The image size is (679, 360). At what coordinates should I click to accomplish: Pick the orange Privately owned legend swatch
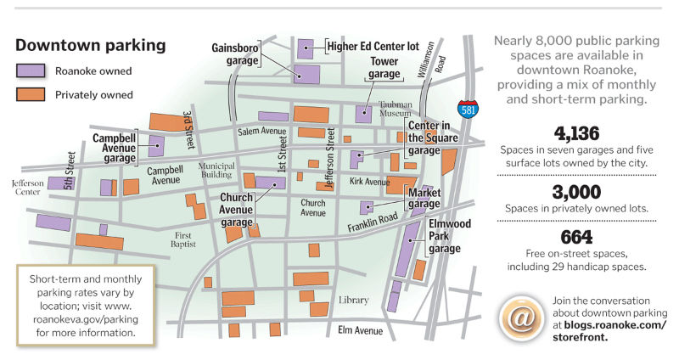pos(31,94)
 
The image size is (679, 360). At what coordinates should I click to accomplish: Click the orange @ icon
pos(519,314)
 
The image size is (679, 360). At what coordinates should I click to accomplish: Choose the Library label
pos(352,301)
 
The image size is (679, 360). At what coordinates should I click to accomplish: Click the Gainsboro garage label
pos(235,54)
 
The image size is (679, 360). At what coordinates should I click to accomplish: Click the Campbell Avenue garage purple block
pos(157,146)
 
